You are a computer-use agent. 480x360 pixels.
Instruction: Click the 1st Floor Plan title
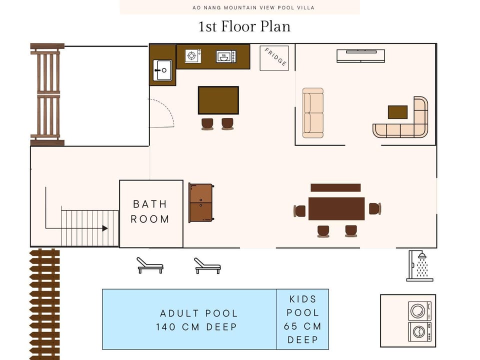(244, 26)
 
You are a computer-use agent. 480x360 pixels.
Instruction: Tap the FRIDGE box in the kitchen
(274, 58)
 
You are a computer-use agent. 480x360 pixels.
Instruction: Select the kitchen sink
(162, 69)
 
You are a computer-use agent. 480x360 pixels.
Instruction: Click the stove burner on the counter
(193, 56)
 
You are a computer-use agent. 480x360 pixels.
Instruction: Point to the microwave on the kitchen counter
(226, 56)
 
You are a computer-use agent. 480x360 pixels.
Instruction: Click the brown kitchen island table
(218, 100)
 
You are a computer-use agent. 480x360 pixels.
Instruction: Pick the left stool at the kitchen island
(207, 123)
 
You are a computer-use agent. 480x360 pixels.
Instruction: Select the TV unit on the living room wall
(360, 55)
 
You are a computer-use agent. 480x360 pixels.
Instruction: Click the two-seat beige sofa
(313, 112)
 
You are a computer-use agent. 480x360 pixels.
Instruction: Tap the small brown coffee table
(397, 112)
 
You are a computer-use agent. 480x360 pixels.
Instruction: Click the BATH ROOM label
(150, 211)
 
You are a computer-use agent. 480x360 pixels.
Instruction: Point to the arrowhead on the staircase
(105, 228)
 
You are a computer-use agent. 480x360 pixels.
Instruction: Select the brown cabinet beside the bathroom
(201, 202)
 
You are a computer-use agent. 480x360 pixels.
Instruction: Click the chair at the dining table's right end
(374, 208)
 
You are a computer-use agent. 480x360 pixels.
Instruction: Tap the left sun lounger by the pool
(149, 265)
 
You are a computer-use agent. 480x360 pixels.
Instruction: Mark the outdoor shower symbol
(419, 266)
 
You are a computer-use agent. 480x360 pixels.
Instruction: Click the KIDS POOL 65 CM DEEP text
(302, 319)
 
